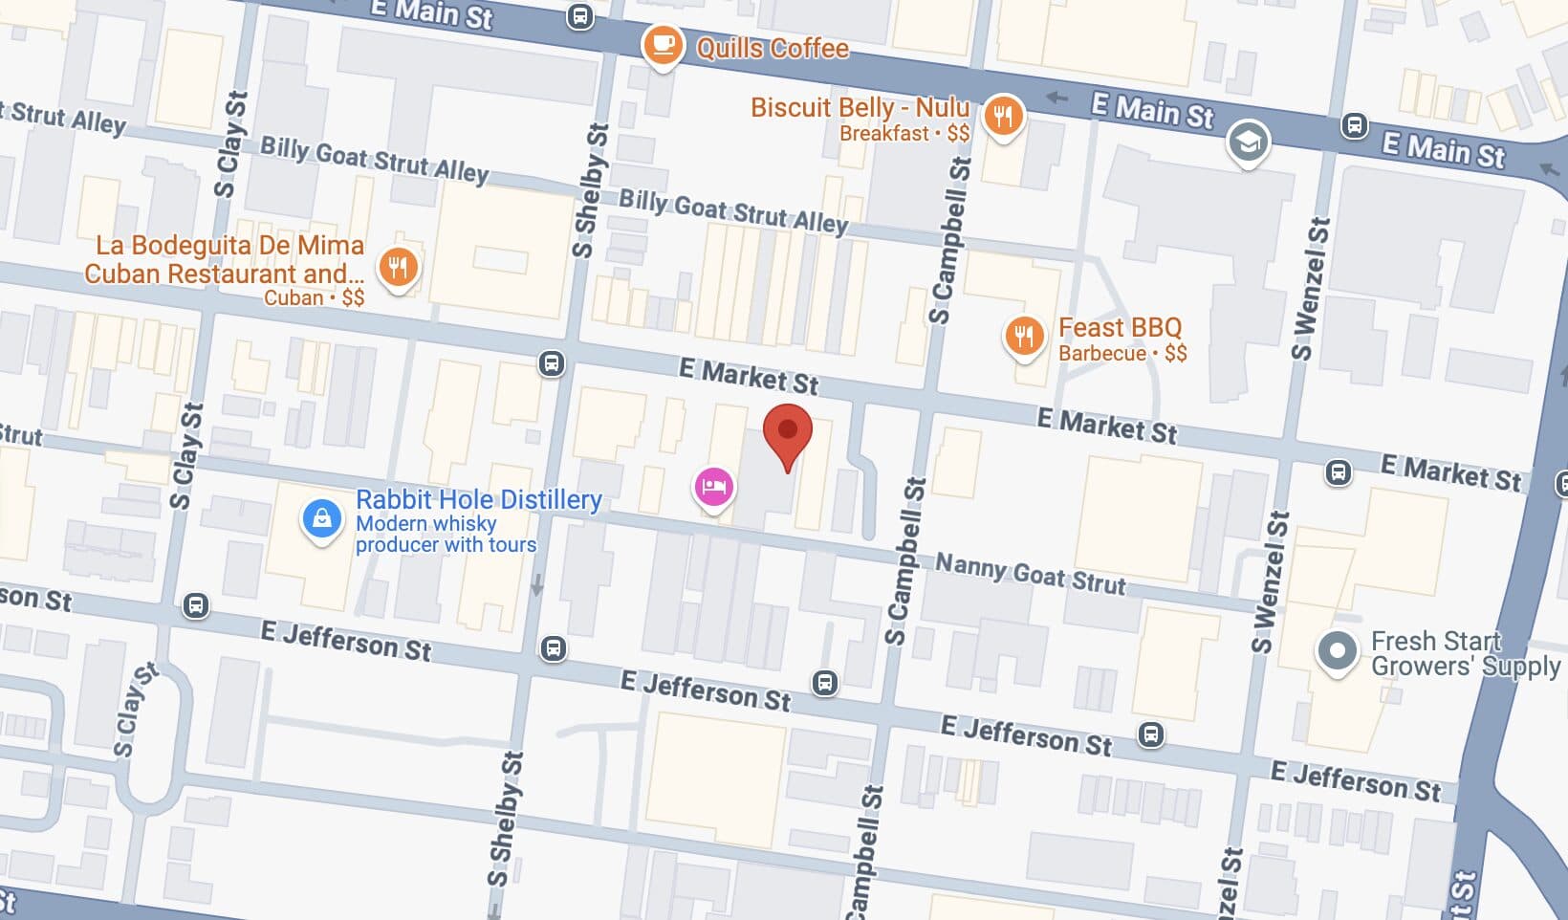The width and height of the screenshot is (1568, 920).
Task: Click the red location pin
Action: click(787, 433)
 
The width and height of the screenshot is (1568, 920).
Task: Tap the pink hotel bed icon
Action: click(713, 487)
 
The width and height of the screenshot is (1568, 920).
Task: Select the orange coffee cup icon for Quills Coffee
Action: click(662, 44)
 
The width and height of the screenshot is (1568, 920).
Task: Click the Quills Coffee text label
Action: click(772, 48)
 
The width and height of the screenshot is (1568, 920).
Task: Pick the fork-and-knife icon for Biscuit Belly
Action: click(1002, 117)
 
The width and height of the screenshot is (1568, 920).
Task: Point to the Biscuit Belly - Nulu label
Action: click(860, 107)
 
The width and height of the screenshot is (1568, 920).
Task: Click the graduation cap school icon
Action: click(1248, 142)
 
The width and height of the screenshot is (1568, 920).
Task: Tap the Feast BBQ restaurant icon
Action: click(1023, 337)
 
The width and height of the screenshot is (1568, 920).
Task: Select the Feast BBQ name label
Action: click(1120, 328)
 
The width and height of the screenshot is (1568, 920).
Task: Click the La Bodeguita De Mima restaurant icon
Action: click(398, 267)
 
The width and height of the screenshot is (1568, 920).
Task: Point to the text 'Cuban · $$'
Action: click(314, 297)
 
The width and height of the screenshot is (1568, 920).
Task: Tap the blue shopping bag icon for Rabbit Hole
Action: click(322, 519)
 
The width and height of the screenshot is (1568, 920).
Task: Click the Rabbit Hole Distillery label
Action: click(478, 499)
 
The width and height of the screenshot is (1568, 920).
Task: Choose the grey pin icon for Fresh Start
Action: click(1337, 651)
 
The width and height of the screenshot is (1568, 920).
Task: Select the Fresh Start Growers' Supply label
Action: click(1465, 653)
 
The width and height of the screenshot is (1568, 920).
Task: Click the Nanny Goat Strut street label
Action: click(1030, 574)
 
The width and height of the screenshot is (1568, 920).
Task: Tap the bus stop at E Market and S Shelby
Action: click(552, 363)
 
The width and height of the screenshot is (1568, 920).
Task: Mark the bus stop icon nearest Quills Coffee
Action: click(579, 16)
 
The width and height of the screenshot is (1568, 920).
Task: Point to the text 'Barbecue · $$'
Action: click(1122, 353)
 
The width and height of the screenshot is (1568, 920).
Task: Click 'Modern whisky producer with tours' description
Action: click(446, 534)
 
